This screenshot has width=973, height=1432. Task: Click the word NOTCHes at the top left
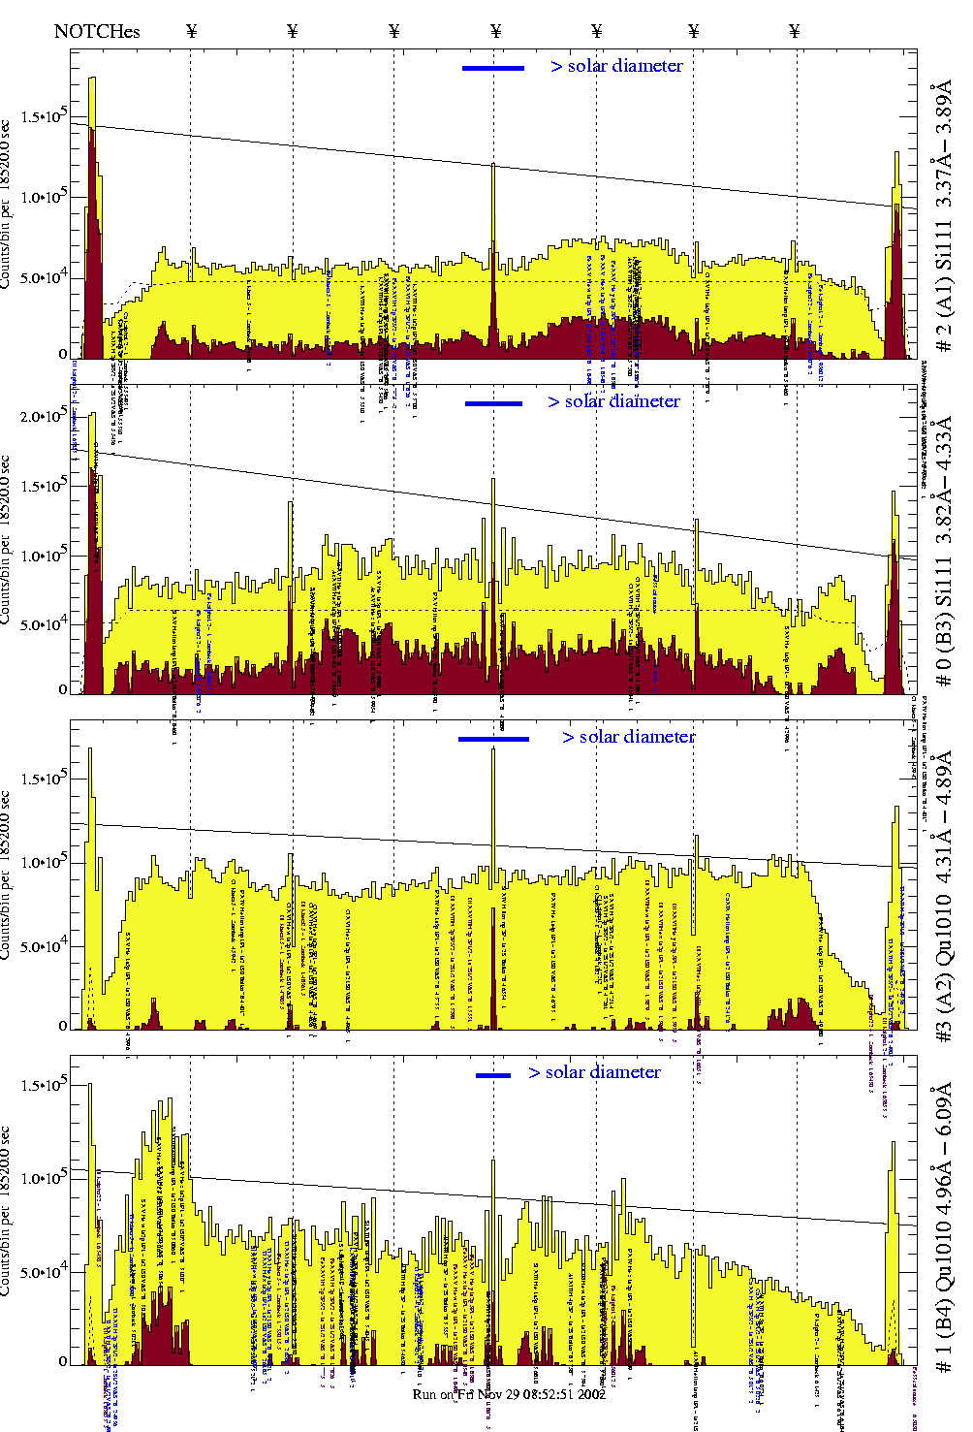click(97, 31)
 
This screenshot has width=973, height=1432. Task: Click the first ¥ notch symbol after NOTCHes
click(191, 31)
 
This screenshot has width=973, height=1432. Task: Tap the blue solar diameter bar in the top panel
click(493, 68)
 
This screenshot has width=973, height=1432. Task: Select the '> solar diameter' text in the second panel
click(613, 401)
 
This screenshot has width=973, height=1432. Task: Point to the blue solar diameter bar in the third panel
click(493, 739)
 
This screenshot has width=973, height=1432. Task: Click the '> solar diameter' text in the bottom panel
click(594, 1072)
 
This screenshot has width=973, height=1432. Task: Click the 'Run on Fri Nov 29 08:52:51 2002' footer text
click(509, 1394)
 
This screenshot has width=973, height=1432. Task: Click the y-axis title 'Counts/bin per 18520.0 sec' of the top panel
click(7, 204)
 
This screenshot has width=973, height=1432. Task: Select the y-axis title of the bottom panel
click(7, 1212)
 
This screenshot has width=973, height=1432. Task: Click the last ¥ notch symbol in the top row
click(795, 31)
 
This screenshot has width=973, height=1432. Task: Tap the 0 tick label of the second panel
click(63, 689)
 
